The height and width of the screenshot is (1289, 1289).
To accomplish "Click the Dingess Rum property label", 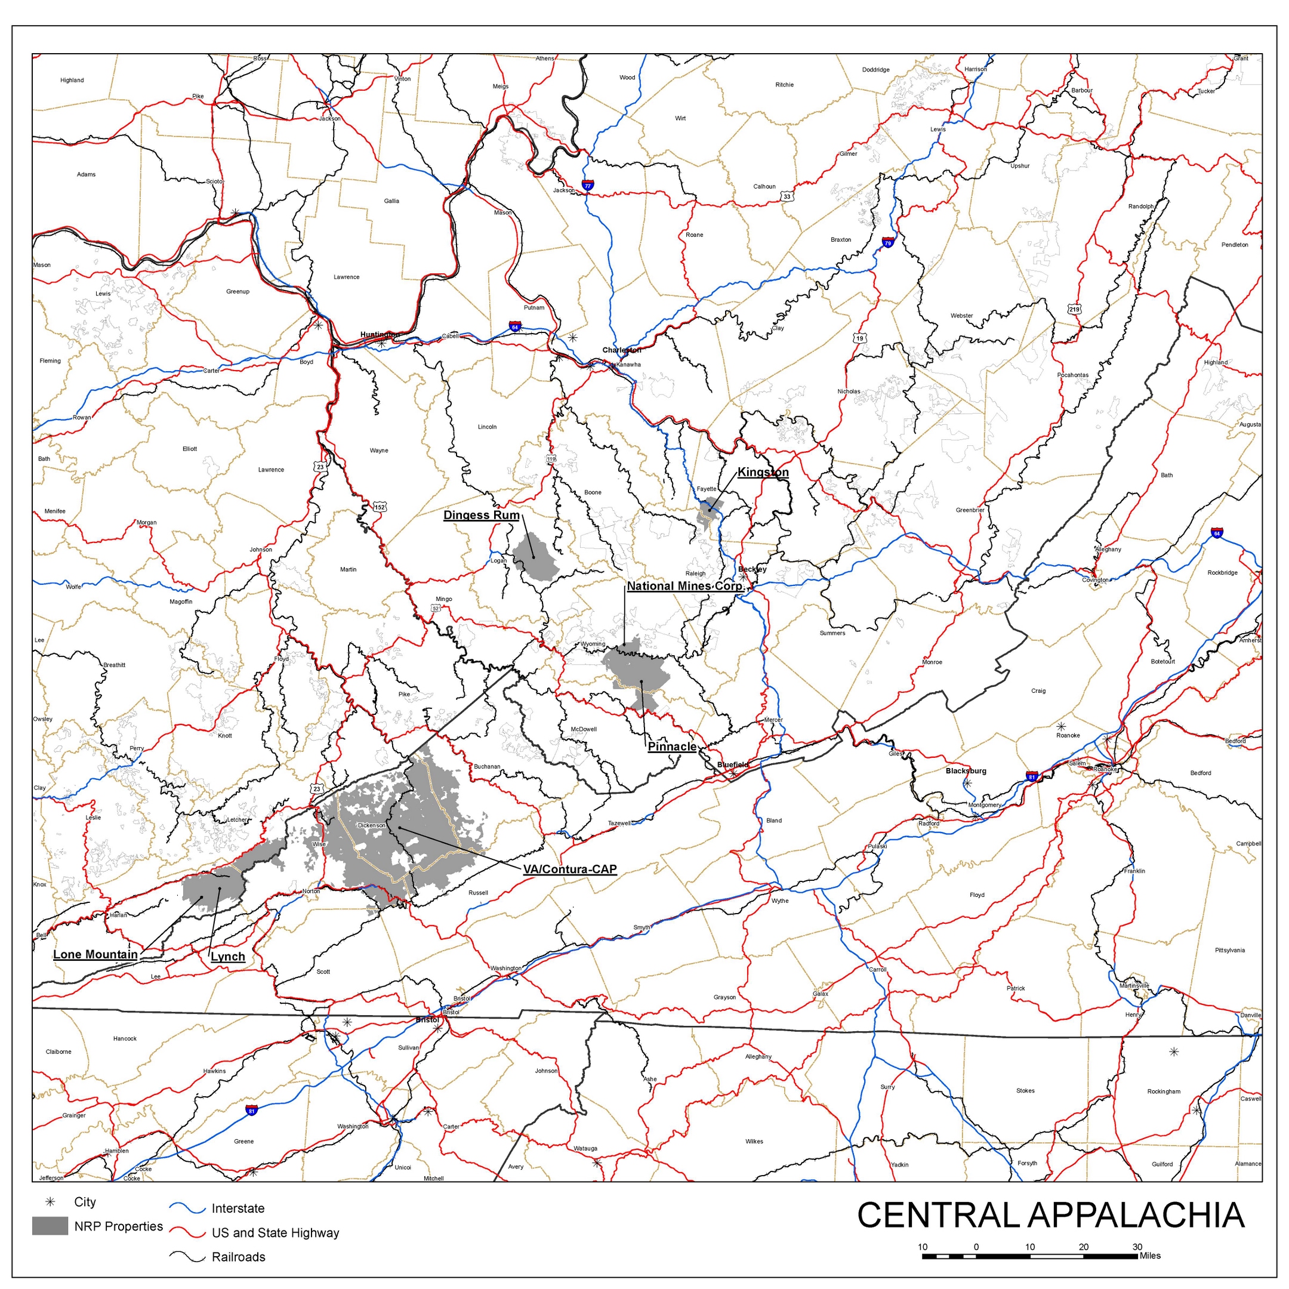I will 481,515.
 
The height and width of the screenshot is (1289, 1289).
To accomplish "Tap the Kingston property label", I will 763,473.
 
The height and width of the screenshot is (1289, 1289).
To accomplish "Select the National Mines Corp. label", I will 684,586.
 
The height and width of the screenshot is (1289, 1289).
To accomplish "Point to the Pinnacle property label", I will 672,747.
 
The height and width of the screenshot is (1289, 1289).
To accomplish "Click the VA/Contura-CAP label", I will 570,869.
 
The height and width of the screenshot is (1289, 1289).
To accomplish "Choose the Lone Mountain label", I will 95,954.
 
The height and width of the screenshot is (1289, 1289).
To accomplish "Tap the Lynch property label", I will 228,957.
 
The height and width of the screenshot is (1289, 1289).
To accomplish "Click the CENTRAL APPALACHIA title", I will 1050,1215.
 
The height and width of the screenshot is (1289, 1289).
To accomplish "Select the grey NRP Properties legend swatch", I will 50,1226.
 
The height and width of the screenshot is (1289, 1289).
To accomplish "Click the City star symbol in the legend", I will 50,1202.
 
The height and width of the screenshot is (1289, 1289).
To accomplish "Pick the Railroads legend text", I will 238,1257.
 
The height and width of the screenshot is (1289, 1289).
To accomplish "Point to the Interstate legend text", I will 238,1208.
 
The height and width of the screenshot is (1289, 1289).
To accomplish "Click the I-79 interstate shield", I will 887,243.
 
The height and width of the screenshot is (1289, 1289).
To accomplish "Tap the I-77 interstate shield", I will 587,185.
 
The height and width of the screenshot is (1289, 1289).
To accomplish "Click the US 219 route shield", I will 1074,309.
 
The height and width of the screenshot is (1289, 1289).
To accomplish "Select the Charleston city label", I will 621,350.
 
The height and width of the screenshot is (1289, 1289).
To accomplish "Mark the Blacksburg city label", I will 966,770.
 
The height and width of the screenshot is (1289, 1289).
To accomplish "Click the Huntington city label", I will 380,334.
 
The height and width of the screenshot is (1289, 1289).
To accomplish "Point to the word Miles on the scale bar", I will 1150,1256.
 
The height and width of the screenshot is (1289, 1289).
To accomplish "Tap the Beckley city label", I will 753,569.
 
